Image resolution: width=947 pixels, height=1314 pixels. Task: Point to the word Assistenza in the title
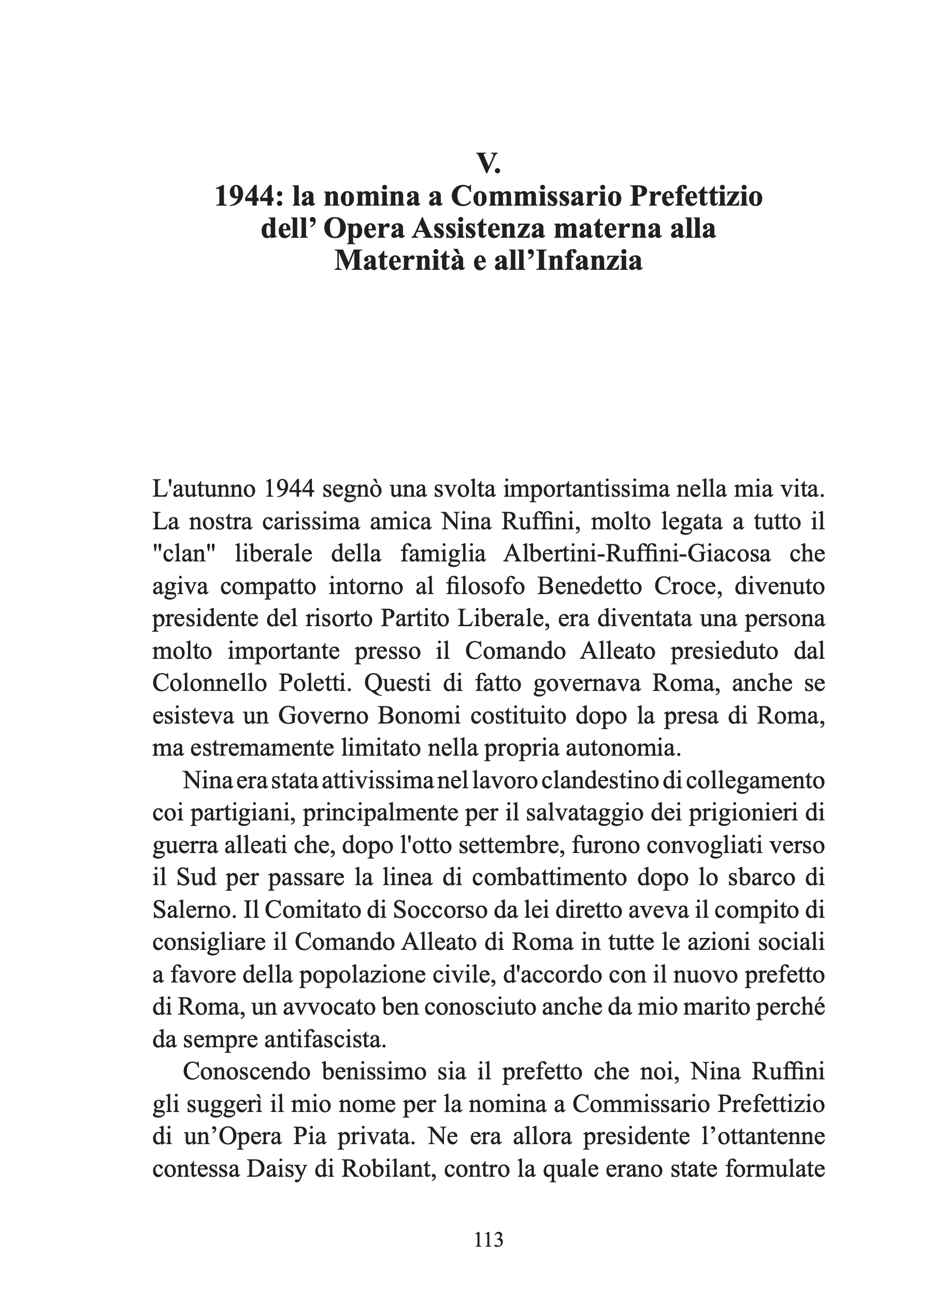(x=479, y=228)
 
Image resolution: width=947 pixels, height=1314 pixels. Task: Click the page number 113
(x=488, y=1239)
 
